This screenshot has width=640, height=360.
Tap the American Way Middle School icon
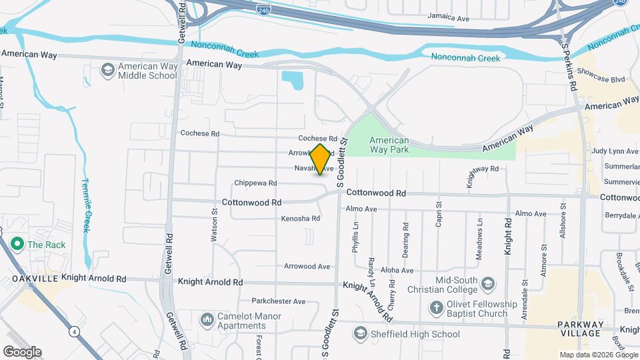pos(107,70)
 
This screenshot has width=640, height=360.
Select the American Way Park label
pos(389,145)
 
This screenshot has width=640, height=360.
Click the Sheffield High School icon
pos(361,333)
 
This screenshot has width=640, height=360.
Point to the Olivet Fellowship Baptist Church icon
pos(435,308)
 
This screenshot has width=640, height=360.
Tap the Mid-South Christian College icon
pos(487,285)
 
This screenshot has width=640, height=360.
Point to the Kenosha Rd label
pos(301,219)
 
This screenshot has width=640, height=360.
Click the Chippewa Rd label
pos(255,183)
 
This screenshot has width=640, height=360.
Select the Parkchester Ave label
pos(278,301)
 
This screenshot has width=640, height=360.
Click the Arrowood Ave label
pos(307,267)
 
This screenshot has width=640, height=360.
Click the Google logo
pos(22,352)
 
